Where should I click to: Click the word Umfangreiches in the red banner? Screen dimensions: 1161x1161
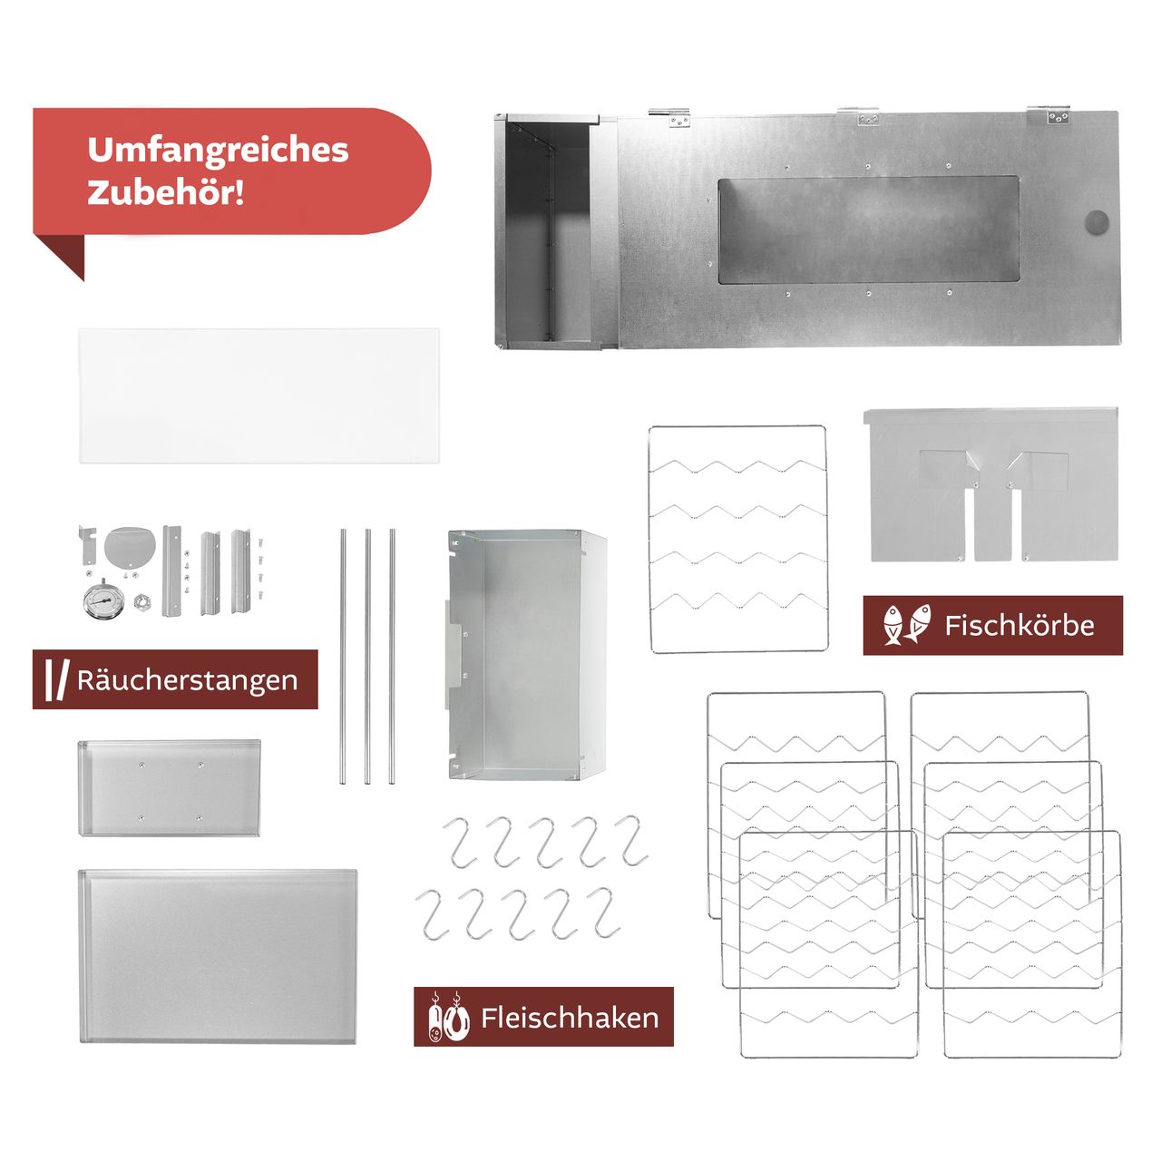point(218,151)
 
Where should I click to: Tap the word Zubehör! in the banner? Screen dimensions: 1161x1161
point(166,192)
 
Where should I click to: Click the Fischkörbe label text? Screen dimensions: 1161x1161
point(1019,626)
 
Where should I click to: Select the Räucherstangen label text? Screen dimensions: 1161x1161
point(187,680)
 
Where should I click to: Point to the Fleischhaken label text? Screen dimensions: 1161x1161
point(570,1018)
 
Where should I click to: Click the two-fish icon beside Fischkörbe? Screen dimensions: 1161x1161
point(907,625)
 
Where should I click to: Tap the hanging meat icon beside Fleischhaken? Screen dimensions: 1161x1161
point(448,1017)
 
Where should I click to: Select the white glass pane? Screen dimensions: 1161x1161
point(259,396)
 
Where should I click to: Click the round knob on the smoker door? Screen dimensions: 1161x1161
point(1097,222)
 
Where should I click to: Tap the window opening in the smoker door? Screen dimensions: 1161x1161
point(868,230)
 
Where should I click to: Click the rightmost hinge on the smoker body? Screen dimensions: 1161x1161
point(1058,115)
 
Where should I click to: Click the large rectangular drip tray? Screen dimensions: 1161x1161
point(218,956)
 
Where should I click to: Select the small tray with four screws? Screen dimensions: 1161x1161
point(170,787)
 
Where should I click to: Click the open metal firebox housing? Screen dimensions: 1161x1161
point(526,655)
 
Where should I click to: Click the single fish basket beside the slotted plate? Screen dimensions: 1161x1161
point(738,539)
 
